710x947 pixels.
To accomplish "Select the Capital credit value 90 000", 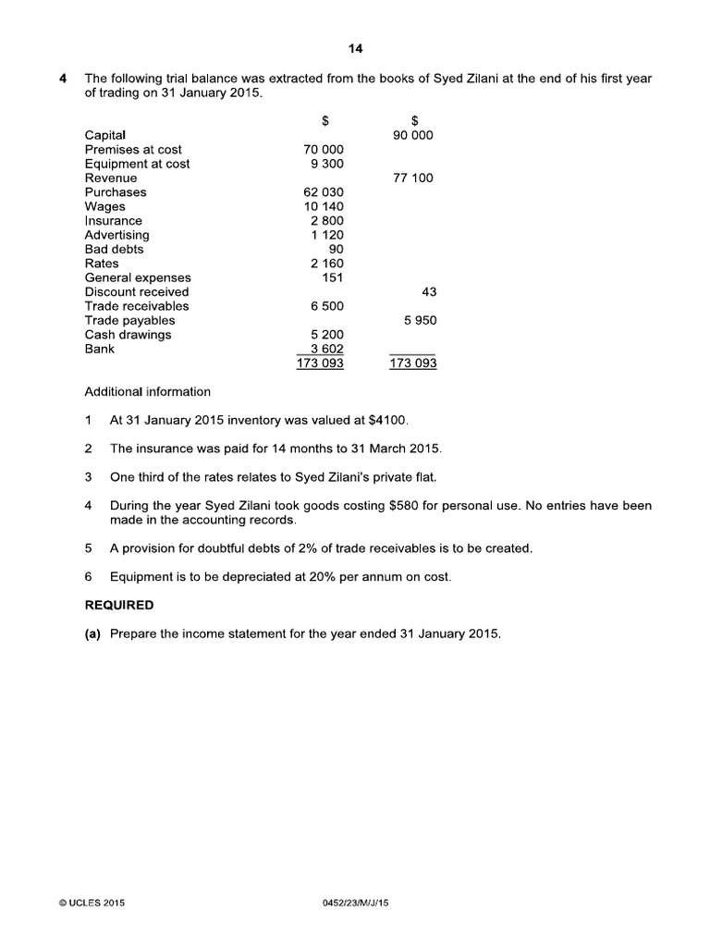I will tap(412, 135).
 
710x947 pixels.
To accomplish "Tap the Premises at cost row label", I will tap(133, 149).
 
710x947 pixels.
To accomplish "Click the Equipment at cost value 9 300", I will tap(324, 164).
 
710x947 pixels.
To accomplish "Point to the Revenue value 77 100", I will tap(412, 178).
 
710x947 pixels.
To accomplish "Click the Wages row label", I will tap(104, 206).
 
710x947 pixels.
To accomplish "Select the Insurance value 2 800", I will tap(326, 221).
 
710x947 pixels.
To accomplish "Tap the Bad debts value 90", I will tap(337, 249).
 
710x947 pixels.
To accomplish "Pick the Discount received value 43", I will tap(428, 291).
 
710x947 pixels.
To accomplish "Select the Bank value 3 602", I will tap(326, 349).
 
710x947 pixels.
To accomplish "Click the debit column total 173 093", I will tap(320, 363).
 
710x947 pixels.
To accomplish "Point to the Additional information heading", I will tap(147, 391).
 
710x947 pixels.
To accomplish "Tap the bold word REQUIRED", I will tap(119, 606).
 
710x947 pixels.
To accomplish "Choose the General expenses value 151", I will tap(333, 277).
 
